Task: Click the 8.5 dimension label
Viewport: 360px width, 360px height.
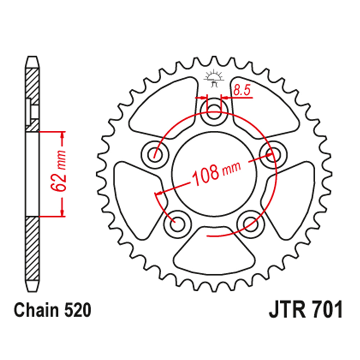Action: pos(242,90)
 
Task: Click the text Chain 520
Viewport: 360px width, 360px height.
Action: pos(52,310)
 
